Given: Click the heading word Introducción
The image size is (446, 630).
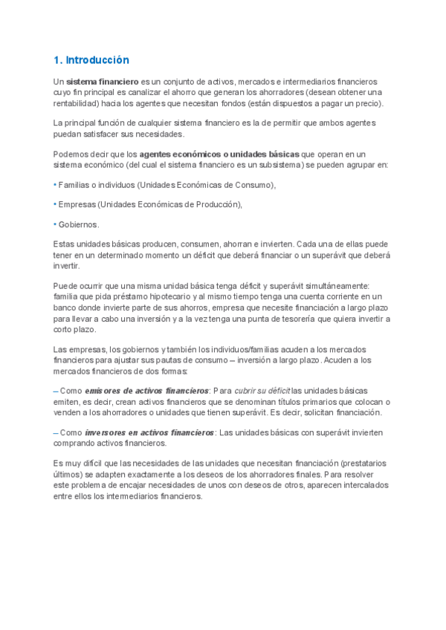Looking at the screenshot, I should point(98,59).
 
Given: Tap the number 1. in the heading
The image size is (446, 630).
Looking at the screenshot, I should point(59,59).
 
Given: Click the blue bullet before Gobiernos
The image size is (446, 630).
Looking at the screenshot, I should point(55,224).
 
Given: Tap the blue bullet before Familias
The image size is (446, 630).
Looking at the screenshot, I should point(55,185).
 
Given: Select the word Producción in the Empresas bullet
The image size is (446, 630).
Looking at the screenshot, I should point(216,204).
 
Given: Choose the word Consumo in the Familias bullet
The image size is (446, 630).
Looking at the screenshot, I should point(250,185).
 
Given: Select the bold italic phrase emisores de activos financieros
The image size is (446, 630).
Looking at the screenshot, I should point(147,390).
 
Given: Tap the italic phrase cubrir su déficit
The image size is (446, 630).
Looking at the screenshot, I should point(262,390).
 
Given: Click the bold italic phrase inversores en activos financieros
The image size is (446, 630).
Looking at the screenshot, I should point(150,432).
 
